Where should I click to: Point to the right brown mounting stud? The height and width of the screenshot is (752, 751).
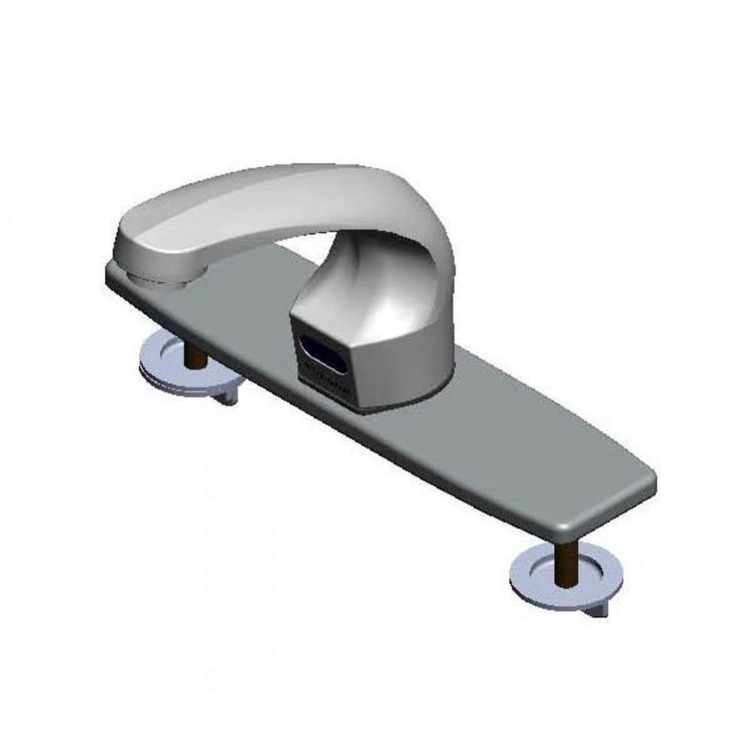coord(568,557)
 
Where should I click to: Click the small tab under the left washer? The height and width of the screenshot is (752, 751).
coord(226,397)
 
